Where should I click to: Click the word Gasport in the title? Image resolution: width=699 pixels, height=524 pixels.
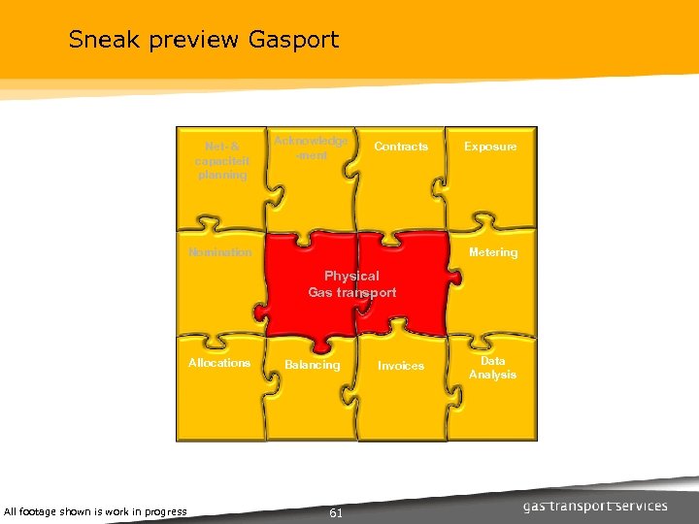coord(293,41)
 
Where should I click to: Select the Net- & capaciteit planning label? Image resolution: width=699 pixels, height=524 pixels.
coord(222,161)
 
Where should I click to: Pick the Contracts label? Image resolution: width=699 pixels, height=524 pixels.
coord(401,147)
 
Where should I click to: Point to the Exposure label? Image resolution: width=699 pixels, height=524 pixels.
coord(490,147)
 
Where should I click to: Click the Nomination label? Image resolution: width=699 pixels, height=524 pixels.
coord(220,252)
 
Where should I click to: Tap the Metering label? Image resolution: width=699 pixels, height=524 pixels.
coord(493,252)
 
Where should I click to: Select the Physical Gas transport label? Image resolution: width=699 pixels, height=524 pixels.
coord(352,284)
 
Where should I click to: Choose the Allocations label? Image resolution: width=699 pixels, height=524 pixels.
coord(219,363)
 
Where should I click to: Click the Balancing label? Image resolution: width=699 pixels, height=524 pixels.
coord(313,366)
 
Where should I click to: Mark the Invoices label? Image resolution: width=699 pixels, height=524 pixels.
coord(401,366)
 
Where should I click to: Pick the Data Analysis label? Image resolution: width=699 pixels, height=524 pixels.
coord(492,368)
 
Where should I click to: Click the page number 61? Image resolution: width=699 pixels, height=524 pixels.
coord(336,512)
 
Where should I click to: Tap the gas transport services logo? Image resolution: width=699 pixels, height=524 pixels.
coord(595,506)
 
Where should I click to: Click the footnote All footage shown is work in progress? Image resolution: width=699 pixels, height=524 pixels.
coord(95,511)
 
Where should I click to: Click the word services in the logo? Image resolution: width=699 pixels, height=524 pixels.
coord(644,506)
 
